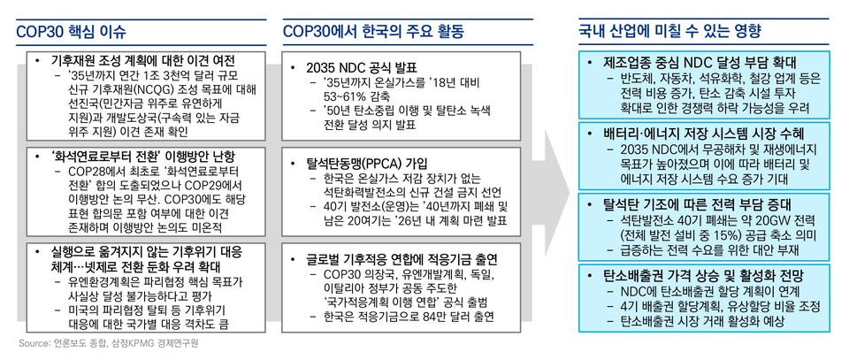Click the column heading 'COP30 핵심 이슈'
[71, 30]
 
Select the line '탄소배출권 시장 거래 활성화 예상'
[702, 321]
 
